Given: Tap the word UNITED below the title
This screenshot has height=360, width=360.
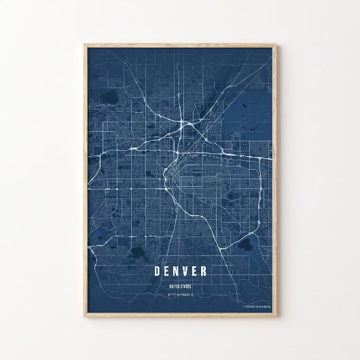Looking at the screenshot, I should (175, 287).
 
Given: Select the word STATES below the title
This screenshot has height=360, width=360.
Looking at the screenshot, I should (186, 287).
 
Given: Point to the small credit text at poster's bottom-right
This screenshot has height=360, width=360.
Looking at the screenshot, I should (256, 307).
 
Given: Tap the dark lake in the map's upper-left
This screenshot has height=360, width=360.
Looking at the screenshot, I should (107, 109).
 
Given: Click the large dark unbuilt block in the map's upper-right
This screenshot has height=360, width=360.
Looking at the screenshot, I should (255, 112).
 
